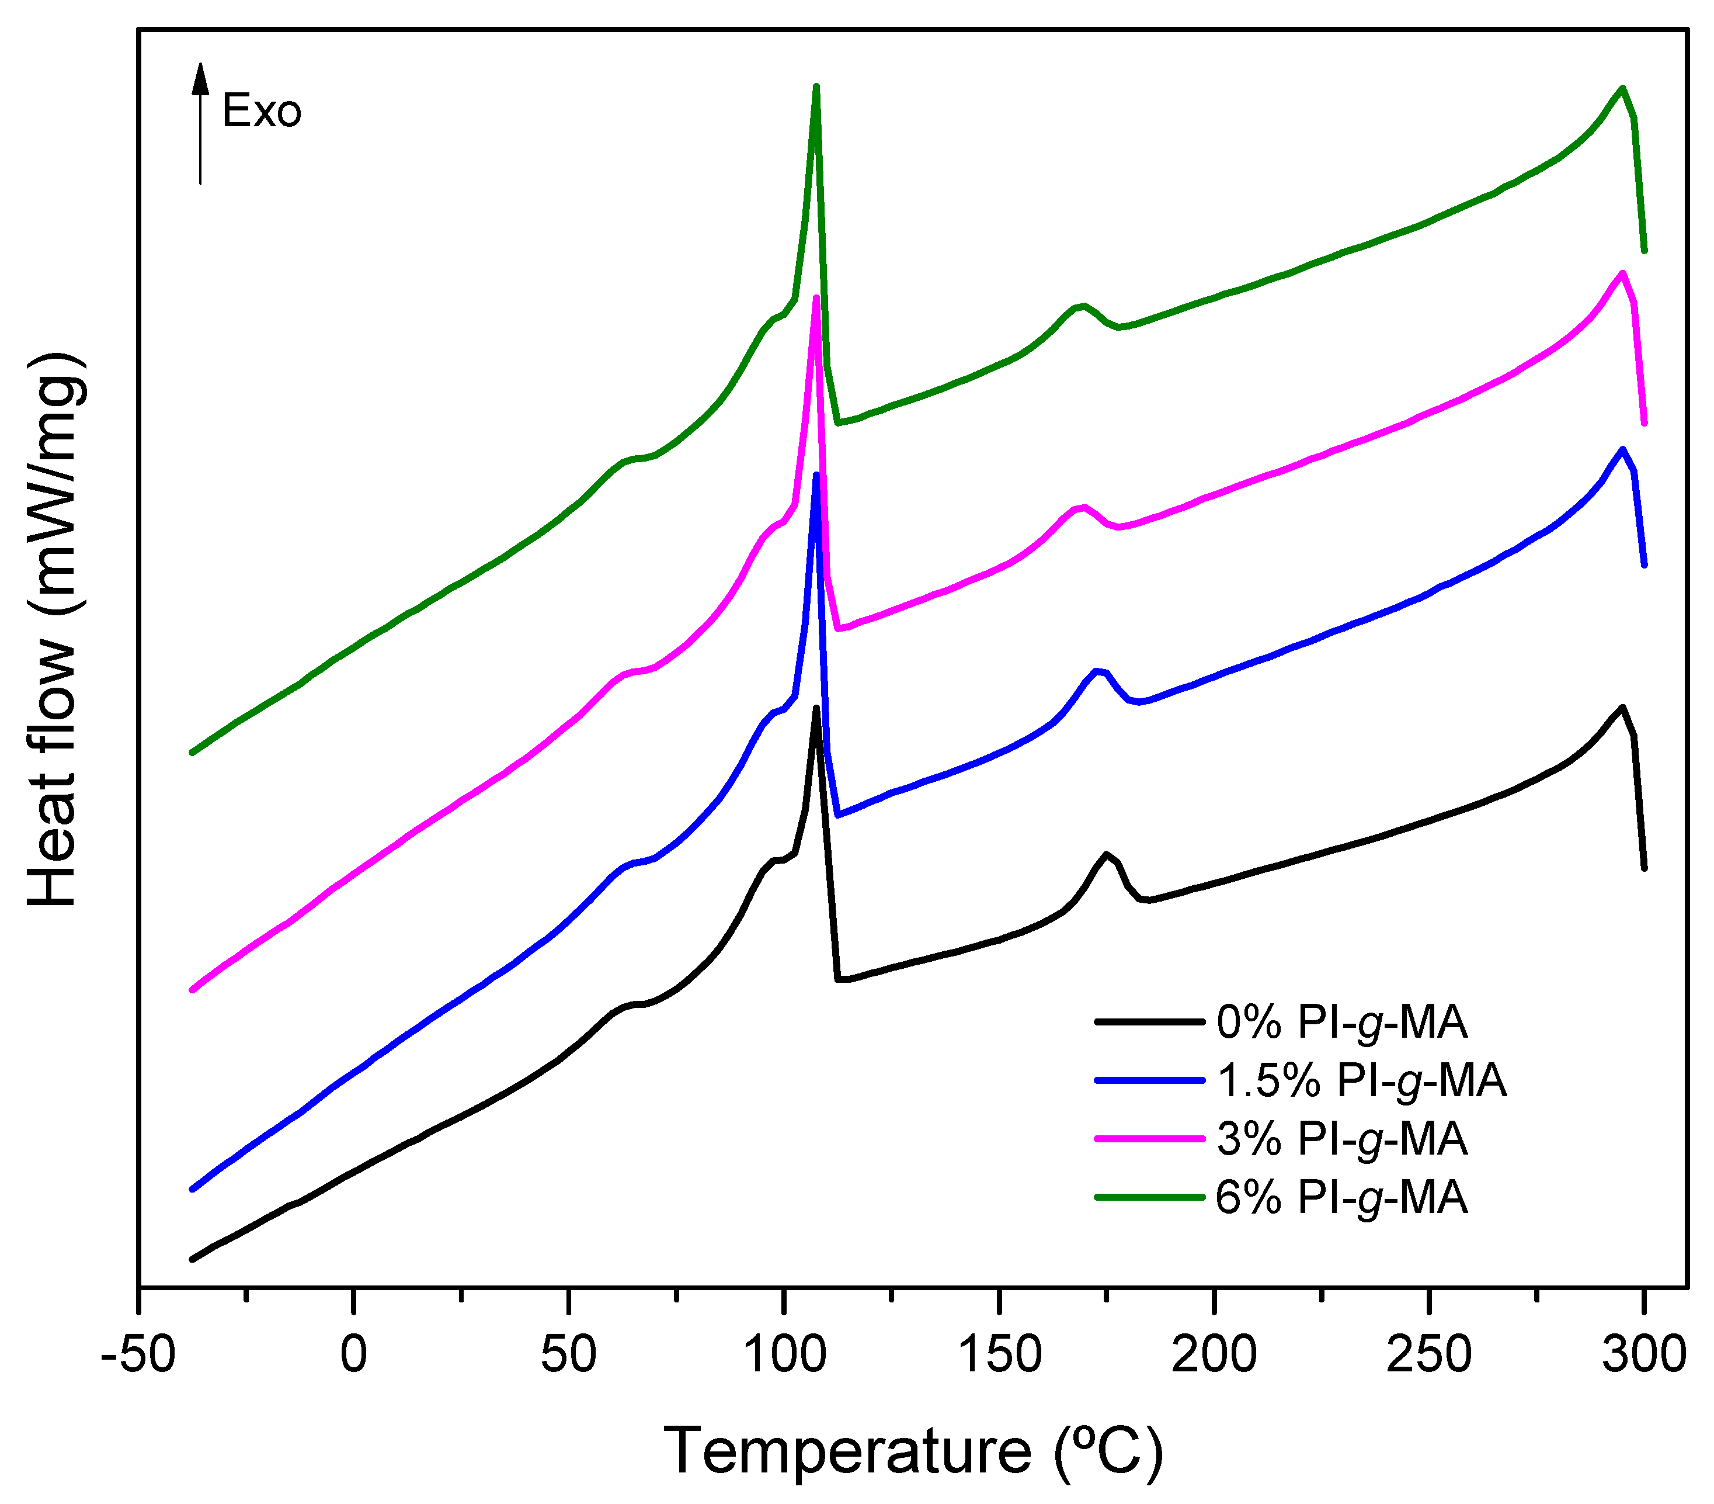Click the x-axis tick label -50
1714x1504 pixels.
coord(138,1354)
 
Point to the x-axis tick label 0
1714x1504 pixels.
coord(354,1354)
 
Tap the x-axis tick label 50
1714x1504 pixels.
coord(569,1354)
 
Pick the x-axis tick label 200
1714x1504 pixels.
coord(1214,1354)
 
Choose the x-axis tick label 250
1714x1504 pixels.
coord(1429,1354)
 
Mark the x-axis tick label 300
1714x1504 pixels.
coord(1643,1354)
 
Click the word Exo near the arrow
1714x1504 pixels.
coord(262,112)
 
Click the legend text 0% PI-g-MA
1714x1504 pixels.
coord(1341,1023)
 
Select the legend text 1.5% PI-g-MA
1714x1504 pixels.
coord(1361,1080)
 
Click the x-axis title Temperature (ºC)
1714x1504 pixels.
coord(914,1451)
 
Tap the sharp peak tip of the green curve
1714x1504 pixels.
coord(816,86)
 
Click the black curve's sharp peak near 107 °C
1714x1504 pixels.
coord(816,708)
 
